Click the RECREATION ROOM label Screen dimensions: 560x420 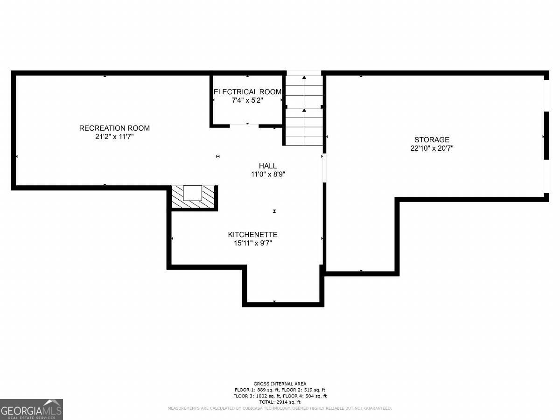(x=114, y=128)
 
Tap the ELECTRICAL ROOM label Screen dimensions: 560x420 (x=247, y=92)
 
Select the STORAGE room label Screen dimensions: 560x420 (x=432, y=140)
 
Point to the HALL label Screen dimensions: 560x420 (x=267, y=166)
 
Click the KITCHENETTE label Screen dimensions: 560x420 (x=252, y=235)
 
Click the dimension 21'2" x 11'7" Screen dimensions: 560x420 (x=114, y=137)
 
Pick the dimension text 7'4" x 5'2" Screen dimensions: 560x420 (x=247, y=100)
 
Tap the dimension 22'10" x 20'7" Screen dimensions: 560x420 (x=432, y=148)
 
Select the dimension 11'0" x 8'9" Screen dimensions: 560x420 (x=268, y=175)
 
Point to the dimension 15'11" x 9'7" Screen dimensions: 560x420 (x=253, y=243)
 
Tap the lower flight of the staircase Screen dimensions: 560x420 (x=304, y=127)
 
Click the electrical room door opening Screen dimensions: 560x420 (x=244, y=126)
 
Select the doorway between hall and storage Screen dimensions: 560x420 (x=324, y=168)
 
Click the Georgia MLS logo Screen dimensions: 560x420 (x=31, y=410)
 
